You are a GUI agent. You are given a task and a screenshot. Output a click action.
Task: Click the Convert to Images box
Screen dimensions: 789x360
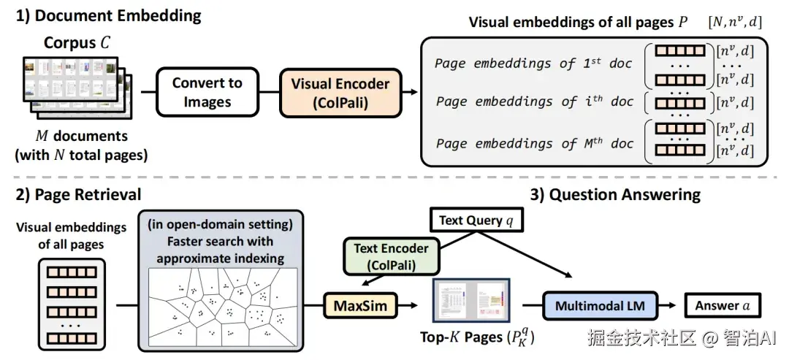click(207, 92)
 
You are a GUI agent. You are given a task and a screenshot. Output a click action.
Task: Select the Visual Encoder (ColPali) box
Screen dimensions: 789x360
click(340, 92)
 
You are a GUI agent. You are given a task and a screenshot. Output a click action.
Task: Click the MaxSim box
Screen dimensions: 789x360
click(360, 306)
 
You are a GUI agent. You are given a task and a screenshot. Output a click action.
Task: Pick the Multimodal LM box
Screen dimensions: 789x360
click(601, 305)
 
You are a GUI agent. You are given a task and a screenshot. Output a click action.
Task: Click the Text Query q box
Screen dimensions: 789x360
click(476, 221)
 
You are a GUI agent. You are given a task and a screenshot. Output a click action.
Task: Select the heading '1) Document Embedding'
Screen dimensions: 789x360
click(108, 15)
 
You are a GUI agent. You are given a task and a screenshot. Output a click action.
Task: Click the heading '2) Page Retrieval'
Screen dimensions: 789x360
click(78, 194)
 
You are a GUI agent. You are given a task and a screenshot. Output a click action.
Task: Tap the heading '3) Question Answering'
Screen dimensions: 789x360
click(615, 194)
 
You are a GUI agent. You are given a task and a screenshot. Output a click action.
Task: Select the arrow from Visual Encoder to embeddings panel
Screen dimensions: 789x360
click(410, 92)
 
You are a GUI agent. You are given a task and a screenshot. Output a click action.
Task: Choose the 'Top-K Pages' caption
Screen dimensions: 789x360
click(478, 337)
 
